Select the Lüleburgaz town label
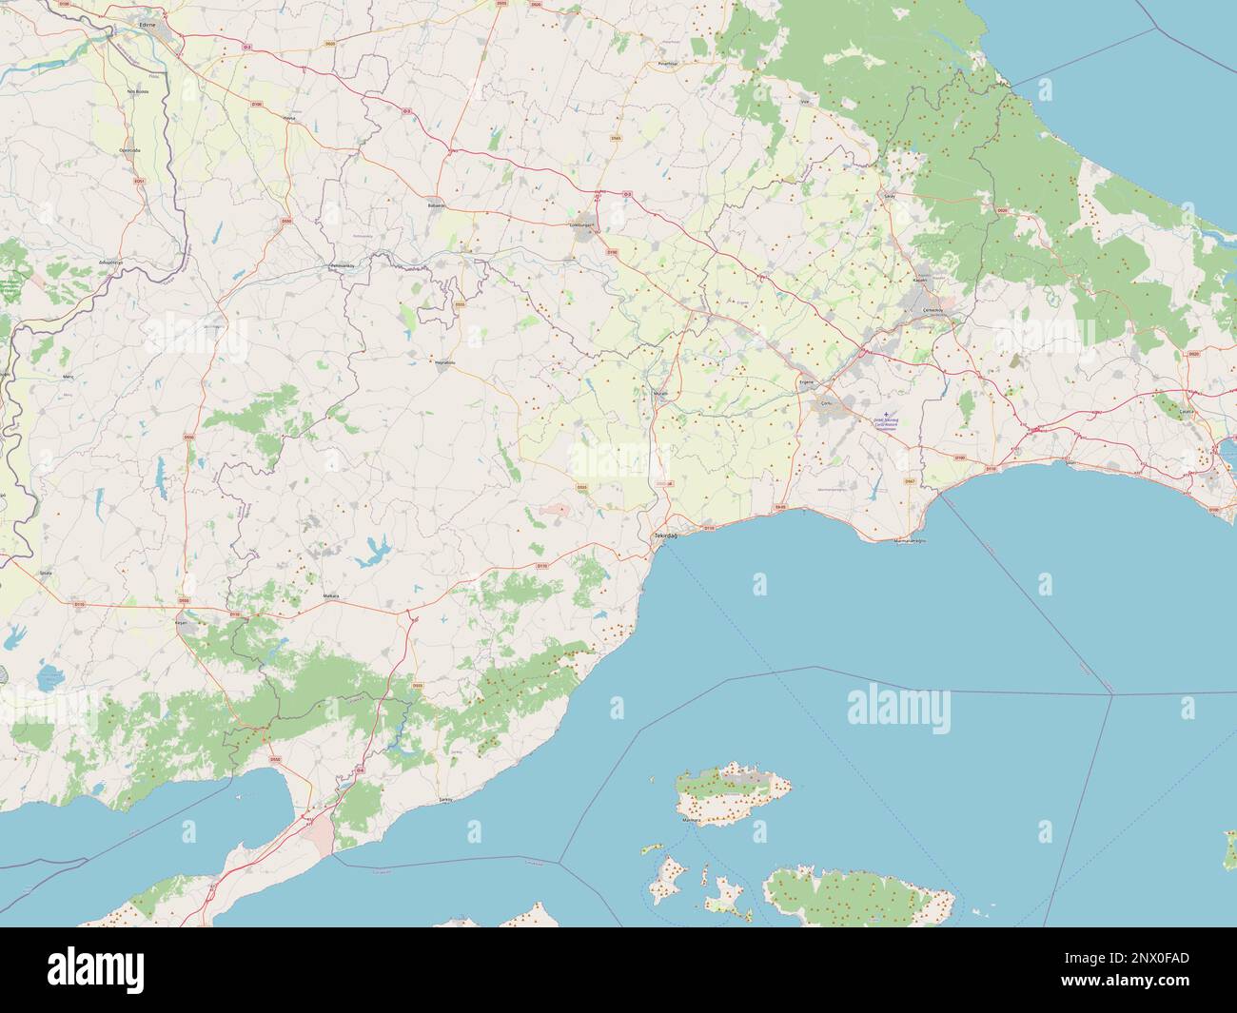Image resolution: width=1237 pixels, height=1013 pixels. pyautogui.click(x=580, y=224)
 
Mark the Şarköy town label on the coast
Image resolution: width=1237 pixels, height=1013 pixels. pyautogui.click(x=444, y=800)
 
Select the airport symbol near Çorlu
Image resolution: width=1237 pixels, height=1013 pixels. pyautogui.click(x=886, y=414)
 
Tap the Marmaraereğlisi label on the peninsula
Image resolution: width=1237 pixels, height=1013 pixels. pyautogui.click(x=909, y=541)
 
